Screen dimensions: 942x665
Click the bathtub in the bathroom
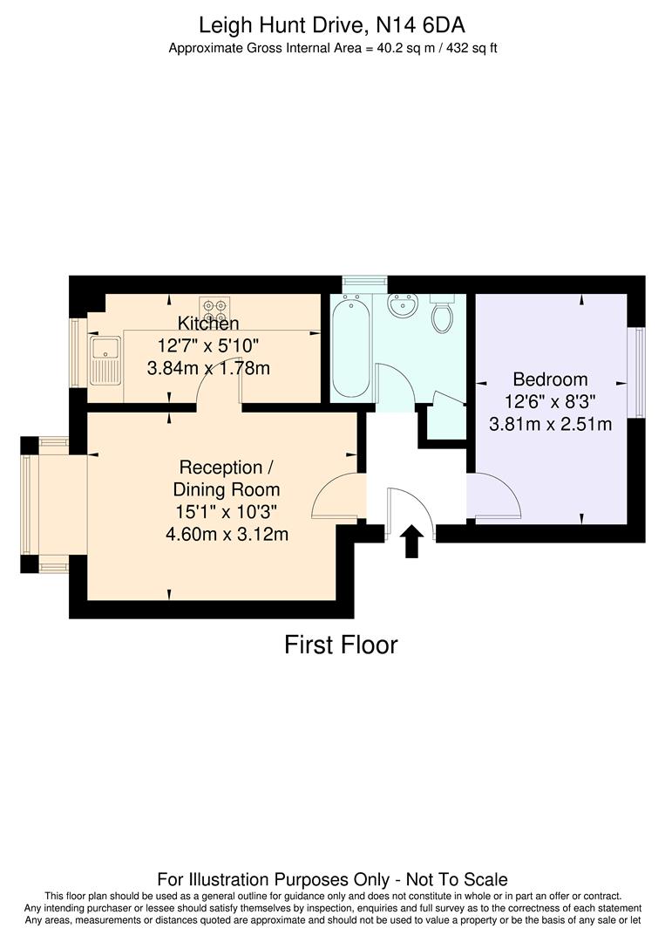pos(349,346)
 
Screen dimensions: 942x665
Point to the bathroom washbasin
pos(403,308)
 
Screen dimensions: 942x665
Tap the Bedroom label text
pos(550,379)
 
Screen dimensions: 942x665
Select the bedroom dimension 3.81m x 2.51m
pos(550,425)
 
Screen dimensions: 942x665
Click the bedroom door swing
pos(494,497)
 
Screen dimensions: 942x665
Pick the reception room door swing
pos(338,497)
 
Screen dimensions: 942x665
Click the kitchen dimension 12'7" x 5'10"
pos(208,345)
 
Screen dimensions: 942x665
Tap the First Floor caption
pos(341,645)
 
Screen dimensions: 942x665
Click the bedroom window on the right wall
pos(640,372)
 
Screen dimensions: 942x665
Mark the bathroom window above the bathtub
pos(364,283)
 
